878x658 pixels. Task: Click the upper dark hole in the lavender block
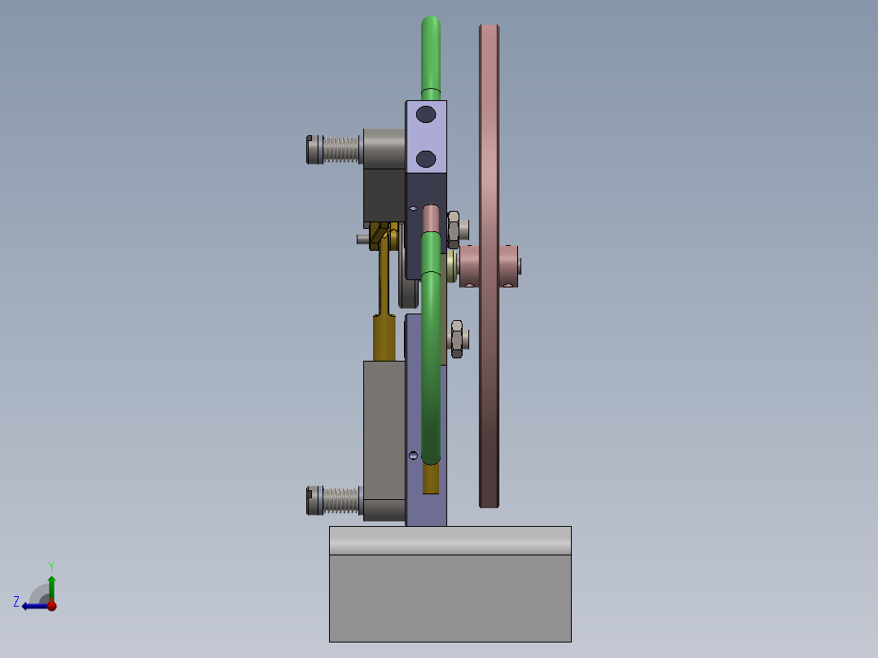pos(425,115)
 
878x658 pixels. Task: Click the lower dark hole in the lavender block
pos(425,157)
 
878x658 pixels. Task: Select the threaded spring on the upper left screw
pos(341,149)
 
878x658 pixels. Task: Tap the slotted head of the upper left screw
pos(314,149)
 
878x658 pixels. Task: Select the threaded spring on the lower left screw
pos(341,500)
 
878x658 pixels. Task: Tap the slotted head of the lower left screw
pos(314,500)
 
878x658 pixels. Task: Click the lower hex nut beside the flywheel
pos(457,338)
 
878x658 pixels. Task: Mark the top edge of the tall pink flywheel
pos(489,27)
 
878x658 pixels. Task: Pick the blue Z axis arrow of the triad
pos(29,605)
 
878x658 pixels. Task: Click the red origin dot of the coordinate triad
pos(51,605)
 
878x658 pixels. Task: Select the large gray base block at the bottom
pos(450,598)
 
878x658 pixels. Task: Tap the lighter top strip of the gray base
pos(450,540)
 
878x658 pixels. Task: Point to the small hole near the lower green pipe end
pos(413,454)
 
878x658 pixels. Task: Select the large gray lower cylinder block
pos(384,432)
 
